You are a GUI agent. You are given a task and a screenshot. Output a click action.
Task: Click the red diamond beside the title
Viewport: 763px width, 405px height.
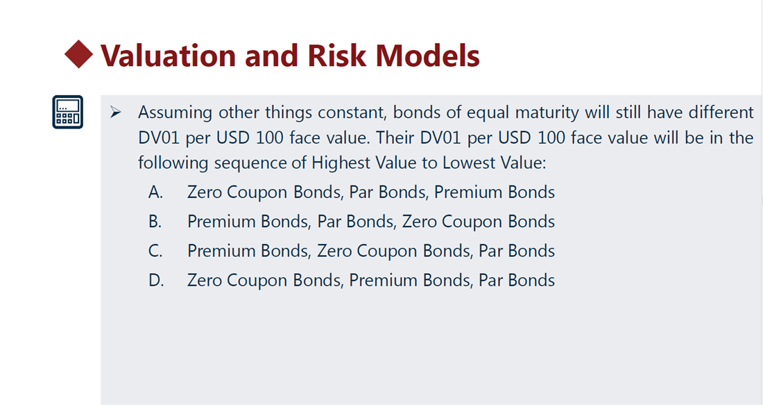[79, 54]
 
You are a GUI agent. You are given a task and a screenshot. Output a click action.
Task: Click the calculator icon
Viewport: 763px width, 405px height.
[68, 112]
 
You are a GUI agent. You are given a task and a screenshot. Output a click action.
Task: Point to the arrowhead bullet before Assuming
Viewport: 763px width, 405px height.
[116, 113]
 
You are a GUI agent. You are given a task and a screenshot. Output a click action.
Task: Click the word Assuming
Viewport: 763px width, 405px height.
[175, 113]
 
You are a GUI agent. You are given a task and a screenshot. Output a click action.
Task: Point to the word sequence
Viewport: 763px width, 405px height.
[250, 163]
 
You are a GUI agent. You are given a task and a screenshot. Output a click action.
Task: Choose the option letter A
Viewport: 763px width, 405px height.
[155, 192]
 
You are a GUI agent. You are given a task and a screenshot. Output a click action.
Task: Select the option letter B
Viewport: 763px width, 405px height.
[155, 222]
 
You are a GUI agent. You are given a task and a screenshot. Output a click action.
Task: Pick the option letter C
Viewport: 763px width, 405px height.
[155, 251]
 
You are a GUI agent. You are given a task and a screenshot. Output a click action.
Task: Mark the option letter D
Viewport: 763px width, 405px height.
[155, 280]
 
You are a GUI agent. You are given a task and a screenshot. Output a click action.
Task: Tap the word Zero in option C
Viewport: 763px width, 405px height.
[334, 251]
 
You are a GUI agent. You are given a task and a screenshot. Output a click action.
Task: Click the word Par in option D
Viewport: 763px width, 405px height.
[490, 280]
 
